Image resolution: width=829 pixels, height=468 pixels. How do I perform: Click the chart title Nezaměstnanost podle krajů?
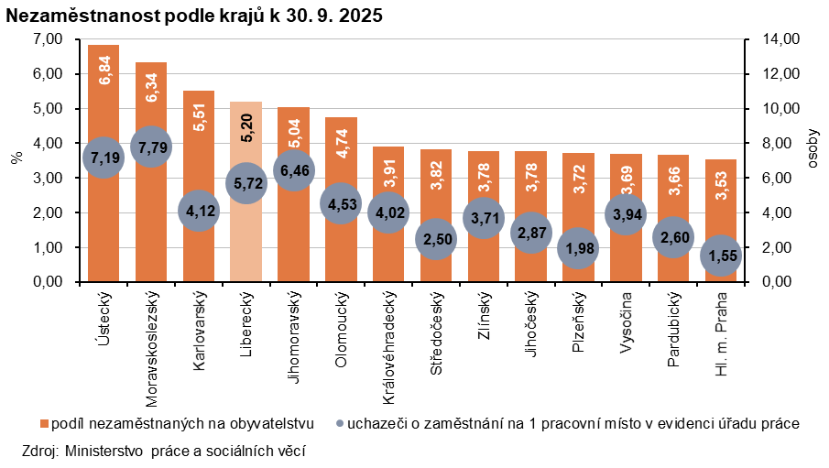[194, 16]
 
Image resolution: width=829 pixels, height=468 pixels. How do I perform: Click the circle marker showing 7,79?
[151, 146]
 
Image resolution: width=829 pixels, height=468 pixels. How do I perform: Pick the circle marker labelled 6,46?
[293, 169]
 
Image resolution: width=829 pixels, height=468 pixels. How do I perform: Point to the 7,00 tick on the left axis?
[46, 39]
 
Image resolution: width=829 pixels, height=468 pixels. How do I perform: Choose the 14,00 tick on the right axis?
[768, 39]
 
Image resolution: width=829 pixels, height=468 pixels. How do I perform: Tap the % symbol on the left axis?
[15, 158]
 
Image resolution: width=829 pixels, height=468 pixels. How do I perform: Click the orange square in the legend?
[44, 424]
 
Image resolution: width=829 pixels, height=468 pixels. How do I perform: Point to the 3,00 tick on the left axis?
[46, 179]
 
